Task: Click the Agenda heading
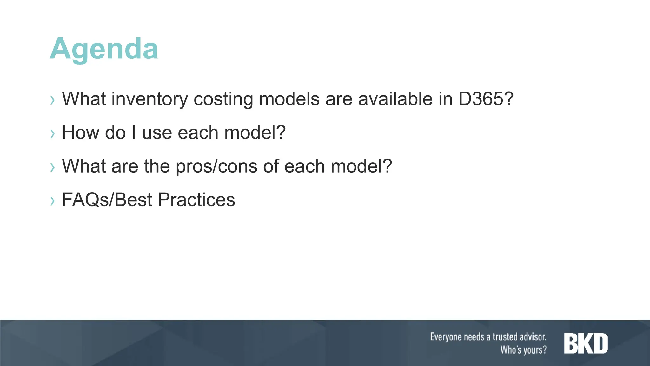coord(104,49)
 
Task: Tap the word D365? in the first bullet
coord(486,99)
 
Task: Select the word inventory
coord(149,99)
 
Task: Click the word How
coord(81,132)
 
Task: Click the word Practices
coord(196,200)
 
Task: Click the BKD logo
coord(586,343)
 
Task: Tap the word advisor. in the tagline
coord(533,337)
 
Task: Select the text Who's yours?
coord(523,350)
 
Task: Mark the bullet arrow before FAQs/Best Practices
coord(53,200)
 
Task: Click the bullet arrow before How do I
coord(53,133)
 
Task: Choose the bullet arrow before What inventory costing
coord(53,100)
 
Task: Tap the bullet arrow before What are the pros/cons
coord(53,167)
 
